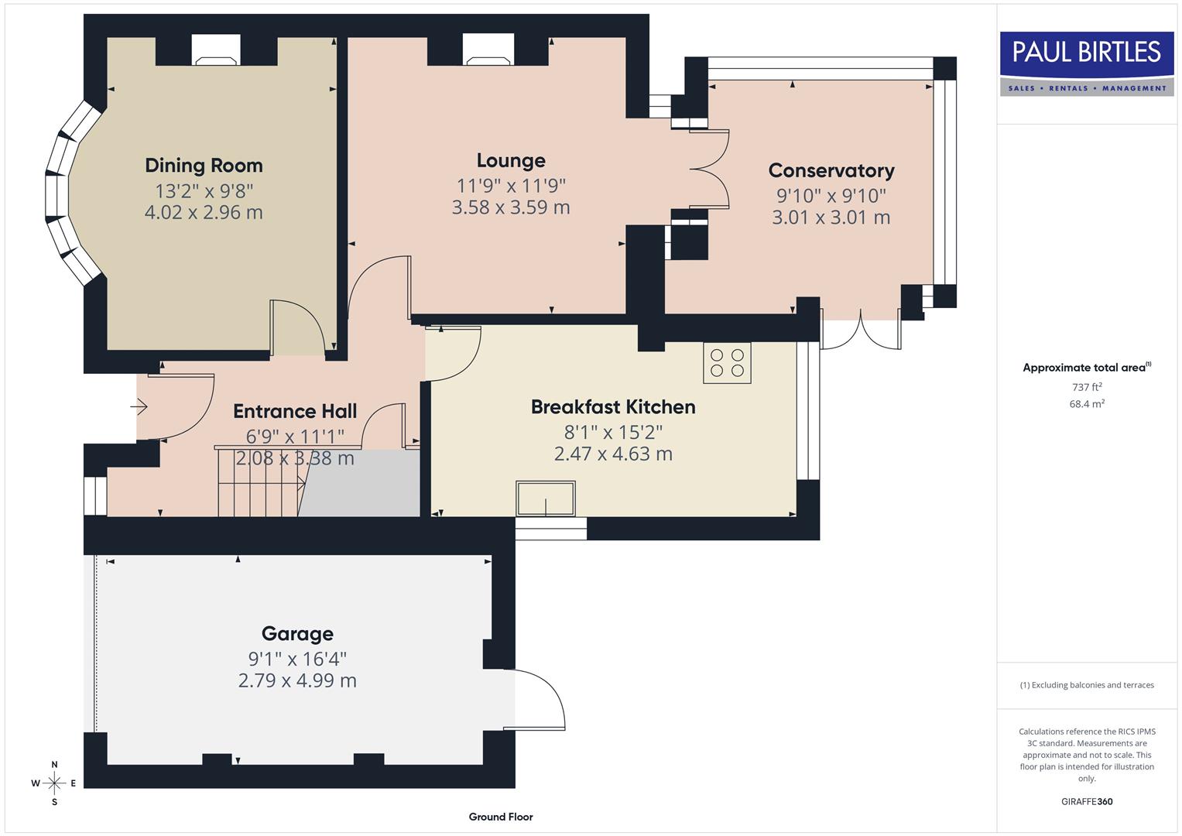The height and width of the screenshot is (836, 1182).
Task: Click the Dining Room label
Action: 204,166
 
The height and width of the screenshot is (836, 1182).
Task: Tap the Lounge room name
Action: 511,160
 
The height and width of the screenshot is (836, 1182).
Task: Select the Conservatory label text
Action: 831,170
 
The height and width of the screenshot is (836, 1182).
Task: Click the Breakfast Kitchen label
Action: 613,407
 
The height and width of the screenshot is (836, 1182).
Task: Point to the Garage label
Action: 297,634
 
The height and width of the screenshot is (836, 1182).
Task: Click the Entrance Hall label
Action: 295,411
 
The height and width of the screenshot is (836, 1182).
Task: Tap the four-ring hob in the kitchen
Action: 727,363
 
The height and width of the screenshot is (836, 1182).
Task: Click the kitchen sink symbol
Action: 546,499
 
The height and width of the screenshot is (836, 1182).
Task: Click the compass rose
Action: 54,783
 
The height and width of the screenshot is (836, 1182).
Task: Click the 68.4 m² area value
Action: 1086,404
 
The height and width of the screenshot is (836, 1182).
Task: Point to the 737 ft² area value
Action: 1086,387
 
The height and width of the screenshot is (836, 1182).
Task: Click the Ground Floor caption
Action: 500,817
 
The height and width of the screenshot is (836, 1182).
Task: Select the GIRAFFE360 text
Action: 1086,802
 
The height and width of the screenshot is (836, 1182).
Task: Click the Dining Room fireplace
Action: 216,53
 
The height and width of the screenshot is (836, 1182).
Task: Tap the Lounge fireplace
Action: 488,53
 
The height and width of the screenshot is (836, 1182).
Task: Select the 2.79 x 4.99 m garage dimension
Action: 297,681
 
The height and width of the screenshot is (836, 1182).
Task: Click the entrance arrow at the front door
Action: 139,406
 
